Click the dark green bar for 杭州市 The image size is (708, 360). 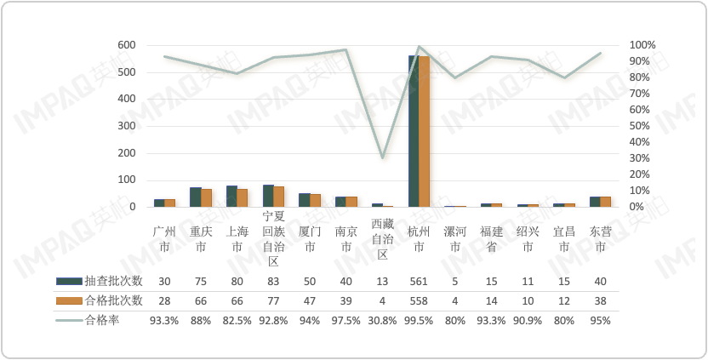414,132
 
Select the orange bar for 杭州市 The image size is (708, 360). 424,132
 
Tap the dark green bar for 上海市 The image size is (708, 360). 231,197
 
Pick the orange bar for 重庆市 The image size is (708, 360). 206,198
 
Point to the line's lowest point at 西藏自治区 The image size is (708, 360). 383,157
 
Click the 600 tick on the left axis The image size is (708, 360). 125,44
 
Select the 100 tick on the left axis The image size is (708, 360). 125,180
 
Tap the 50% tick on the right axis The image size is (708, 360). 641,126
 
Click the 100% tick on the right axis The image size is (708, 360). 642,44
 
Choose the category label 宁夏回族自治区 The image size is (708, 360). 273,238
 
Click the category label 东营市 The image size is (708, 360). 600,238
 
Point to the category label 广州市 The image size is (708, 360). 164,238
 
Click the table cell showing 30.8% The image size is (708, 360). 382,320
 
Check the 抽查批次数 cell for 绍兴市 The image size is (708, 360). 528,281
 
